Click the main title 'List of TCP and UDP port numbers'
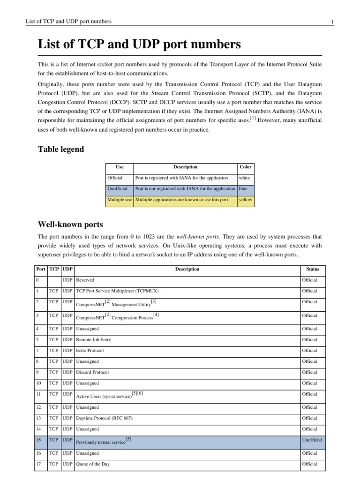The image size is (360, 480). pos(139,45)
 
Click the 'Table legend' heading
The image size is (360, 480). pos(61,150)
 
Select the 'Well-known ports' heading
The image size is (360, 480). pos(70,224)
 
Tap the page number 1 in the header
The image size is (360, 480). pos(332,22)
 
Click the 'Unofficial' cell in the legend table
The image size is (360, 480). pos(118,189)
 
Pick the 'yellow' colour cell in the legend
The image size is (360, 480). pos(246,200)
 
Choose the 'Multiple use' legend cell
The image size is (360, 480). pos(120,200)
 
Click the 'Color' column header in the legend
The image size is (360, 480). pos(246,167)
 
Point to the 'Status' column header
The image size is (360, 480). pos(313,269)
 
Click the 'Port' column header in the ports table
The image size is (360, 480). pos(41,269)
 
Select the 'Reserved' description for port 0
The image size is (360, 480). pos(85,280)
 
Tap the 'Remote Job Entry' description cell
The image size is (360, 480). pos(93,339)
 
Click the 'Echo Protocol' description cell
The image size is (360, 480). pos(90,350)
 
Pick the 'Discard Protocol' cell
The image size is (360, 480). pos(92,372)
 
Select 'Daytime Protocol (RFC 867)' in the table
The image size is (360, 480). pos(104,418)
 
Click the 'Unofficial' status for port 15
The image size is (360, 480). pos(313,441)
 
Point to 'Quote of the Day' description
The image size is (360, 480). pos(93,465)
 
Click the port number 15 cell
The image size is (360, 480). pos(41,441)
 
